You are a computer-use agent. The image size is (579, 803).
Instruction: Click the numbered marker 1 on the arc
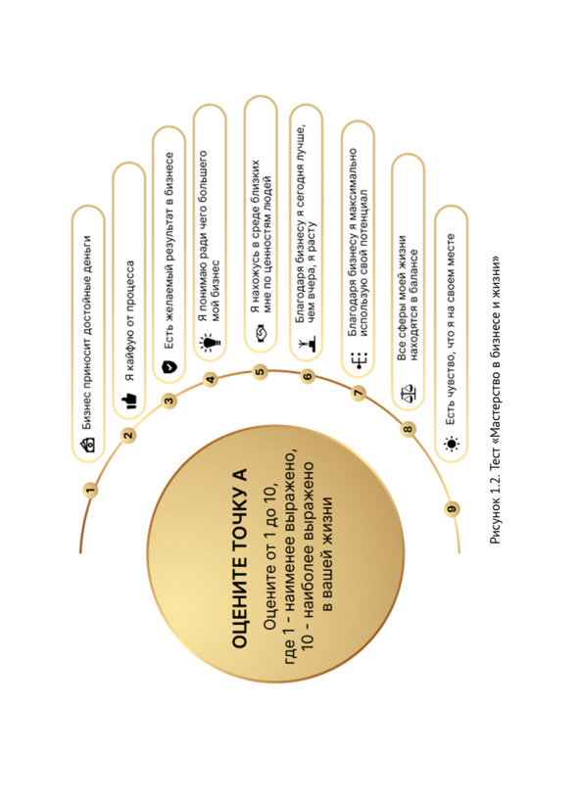91,491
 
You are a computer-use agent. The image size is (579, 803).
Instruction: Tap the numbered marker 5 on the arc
261,371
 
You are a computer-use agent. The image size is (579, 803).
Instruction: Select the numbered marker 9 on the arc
452,508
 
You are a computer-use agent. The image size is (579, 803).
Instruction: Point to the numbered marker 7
359,394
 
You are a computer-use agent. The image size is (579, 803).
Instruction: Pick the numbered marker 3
169,401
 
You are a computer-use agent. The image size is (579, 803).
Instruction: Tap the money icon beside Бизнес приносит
87,444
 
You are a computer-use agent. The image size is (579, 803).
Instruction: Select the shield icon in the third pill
169,367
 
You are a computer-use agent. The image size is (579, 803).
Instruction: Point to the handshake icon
261,332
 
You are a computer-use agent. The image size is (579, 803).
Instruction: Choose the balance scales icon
408,394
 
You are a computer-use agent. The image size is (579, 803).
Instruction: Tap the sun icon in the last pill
451,444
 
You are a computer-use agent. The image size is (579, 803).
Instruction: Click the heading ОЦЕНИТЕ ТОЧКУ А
239,558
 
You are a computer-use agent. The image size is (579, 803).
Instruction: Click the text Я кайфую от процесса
129,321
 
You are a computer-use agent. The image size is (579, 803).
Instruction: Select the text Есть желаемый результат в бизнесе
169,252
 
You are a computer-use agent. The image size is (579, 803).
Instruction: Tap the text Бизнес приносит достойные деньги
87,332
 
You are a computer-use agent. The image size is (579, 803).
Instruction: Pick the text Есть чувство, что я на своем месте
451,329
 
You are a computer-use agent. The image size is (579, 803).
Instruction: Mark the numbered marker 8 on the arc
408,429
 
